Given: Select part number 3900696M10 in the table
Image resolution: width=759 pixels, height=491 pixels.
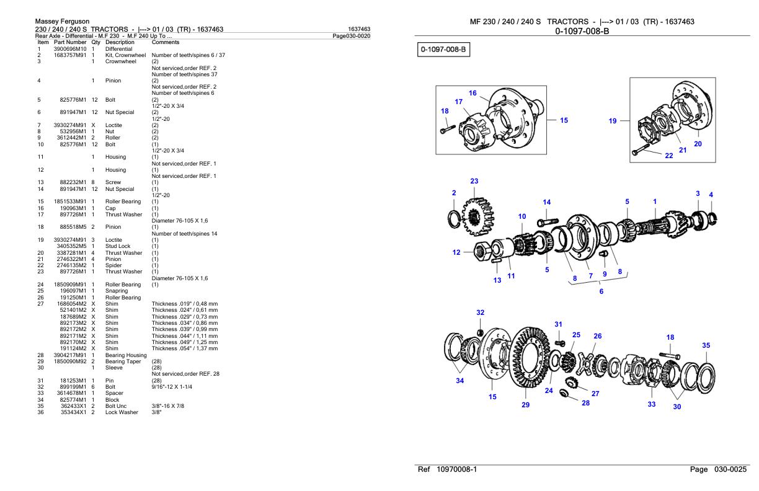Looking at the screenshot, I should click(69, 48).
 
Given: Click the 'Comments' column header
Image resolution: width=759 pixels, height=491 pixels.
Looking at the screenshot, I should click(165, 42).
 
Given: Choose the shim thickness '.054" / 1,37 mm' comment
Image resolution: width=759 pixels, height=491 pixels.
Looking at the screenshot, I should click(185, 348).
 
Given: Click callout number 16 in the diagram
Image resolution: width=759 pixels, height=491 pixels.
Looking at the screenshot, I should click(473, 93).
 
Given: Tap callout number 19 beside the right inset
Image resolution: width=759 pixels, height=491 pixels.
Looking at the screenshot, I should click(613, 121).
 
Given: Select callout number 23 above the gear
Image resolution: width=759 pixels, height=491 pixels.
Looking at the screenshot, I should click(474, 182).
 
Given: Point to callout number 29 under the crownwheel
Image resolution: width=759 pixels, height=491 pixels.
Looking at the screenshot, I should click(526, 405).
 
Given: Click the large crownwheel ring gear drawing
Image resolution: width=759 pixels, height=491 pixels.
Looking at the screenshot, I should click(532, 366).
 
